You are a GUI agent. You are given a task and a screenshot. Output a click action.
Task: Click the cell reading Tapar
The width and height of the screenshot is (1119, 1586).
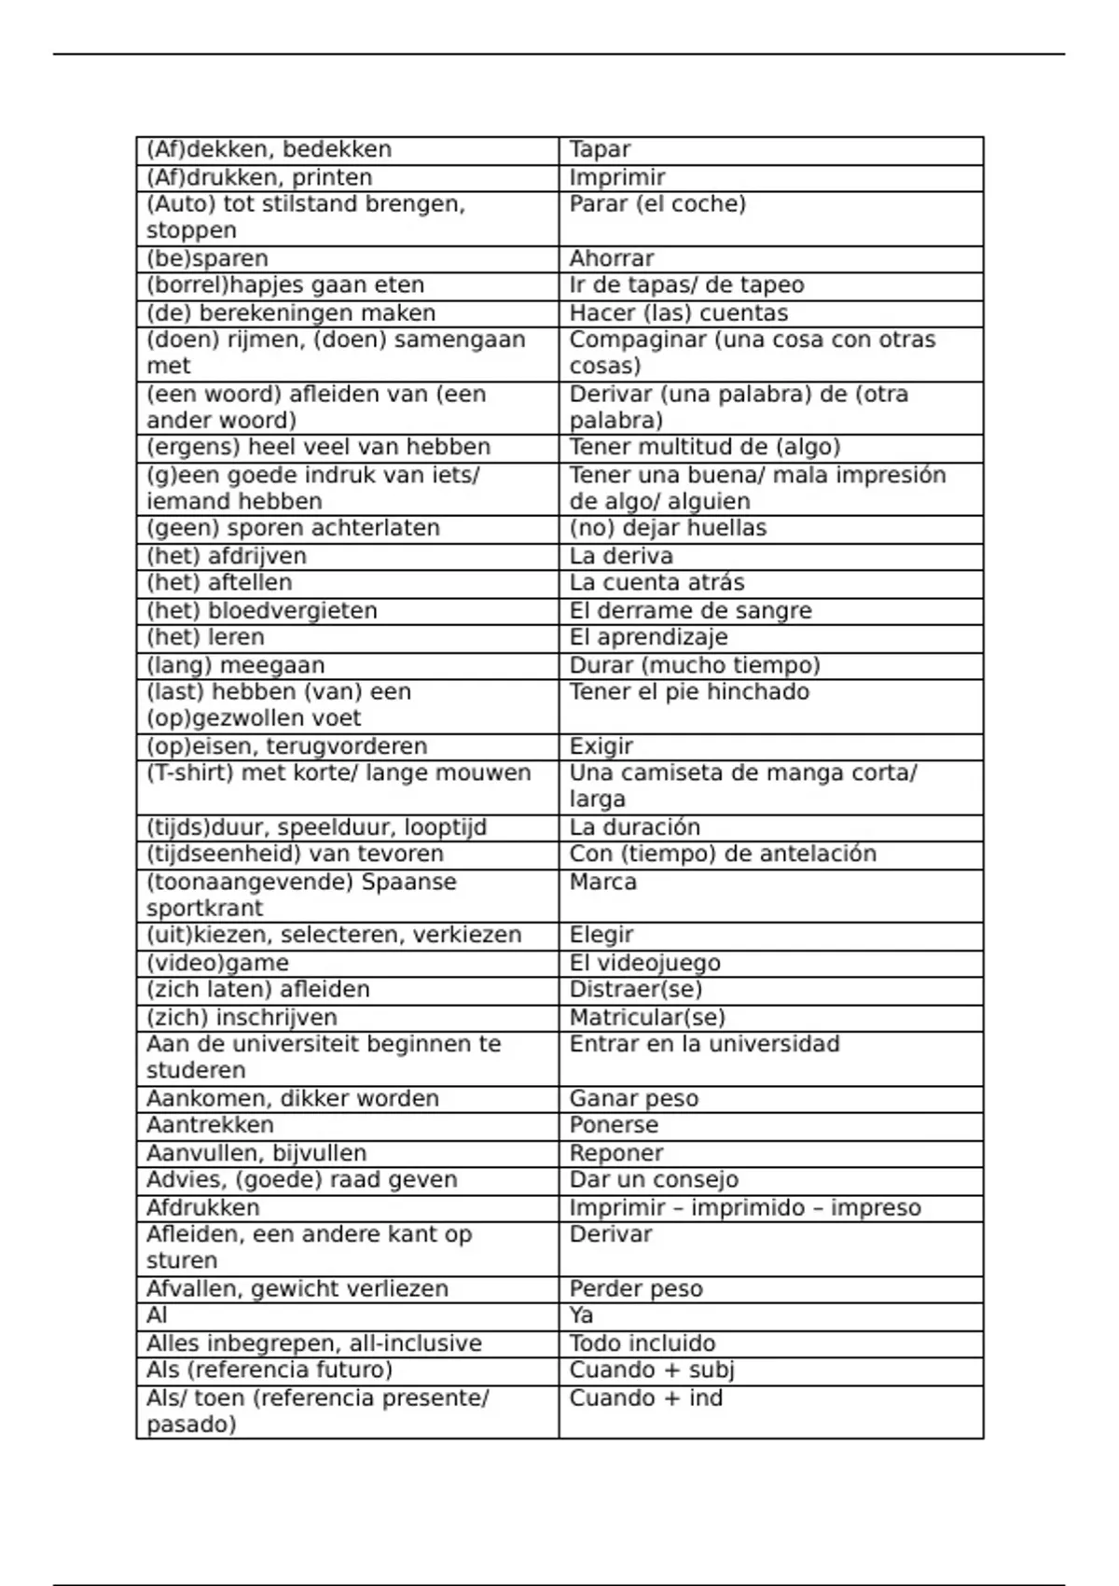click(x=601, y=149)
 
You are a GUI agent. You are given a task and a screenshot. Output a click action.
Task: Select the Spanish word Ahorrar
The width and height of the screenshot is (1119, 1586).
click(x=612, y=258)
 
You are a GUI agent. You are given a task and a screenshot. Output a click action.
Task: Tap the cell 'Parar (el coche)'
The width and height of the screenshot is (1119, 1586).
click(x=657, y=204)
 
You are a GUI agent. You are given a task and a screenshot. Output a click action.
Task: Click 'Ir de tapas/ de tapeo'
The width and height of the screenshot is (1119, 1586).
click(x=686, y=285)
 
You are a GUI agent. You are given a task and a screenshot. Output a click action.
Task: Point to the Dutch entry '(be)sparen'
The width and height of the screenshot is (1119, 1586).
click(x=207, y=258)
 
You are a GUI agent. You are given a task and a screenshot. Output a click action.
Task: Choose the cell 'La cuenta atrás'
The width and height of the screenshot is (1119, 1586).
click(x=656, y=583)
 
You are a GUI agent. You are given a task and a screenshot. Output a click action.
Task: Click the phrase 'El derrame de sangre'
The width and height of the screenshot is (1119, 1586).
click(x=690, y=611)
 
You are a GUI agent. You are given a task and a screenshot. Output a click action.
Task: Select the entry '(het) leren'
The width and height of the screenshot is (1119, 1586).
click(x=205, y=637)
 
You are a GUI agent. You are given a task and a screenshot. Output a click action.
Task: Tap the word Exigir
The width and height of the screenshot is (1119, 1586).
click(x=601, y=746)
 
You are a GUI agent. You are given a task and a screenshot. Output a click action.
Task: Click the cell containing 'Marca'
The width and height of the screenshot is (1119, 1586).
click(x=603, y=882)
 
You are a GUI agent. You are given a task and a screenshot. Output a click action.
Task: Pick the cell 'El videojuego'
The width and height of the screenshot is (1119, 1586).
click(x=645, y=963)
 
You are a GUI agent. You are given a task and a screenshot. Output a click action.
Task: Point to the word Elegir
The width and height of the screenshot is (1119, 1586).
click(x=601, y=935)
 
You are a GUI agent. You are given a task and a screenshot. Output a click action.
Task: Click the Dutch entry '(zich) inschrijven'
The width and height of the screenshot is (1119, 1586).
click(x=242, y=1017)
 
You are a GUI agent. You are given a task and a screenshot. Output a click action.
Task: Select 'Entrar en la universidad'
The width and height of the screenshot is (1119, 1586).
click(x=704, y=1044)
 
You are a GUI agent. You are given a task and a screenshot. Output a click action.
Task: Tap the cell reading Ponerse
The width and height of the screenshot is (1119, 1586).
click(x=614, y=1125)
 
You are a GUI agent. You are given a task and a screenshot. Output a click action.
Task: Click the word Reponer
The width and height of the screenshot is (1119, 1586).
click(x=616, y=1153)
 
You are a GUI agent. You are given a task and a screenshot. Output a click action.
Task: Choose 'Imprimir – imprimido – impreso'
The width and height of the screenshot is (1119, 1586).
click(x=745, y=1208)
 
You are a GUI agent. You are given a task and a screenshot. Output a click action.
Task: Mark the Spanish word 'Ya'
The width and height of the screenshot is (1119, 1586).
click(x=581, y=1315)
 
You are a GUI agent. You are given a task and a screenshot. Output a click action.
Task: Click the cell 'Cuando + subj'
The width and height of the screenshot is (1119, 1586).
click(x=652, y=1370)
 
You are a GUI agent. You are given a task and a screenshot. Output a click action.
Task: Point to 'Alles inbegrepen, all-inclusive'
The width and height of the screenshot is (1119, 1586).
click(x=314, y=1343)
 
